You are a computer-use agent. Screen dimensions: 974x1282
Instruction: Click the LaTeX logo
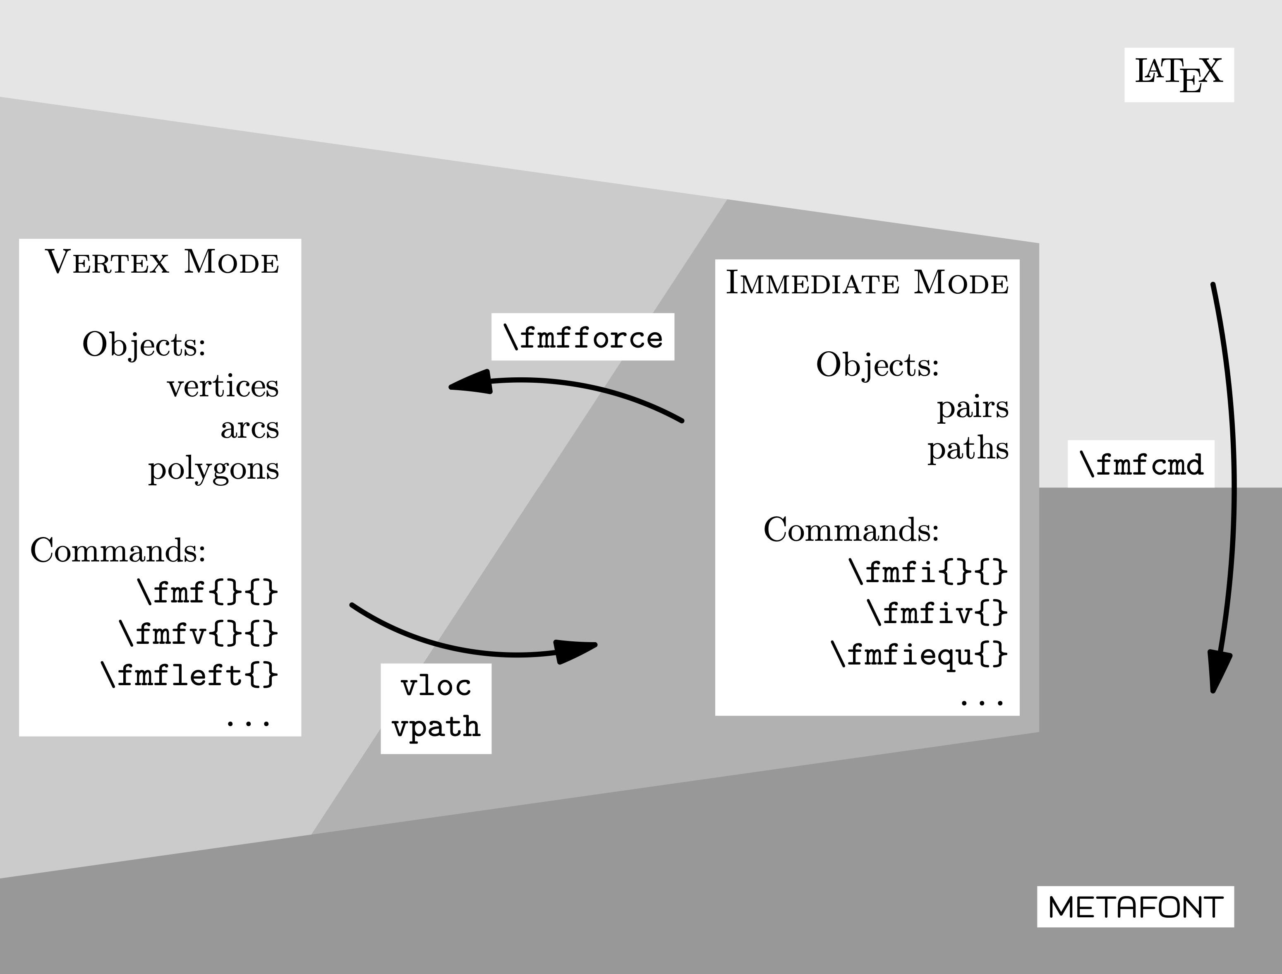pyautogui.click(x=1179, y=75)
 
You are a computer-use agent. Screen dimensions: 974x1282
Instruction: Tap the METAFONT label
pyautogui.click(x=1136, y=907)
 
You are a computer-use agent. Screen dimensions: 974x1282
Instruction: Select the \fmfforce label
pyautogui.click(x=582, y=337)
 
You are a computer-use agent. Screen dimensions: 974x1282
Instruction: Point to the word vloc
pyautogui.click(x=436, y=686)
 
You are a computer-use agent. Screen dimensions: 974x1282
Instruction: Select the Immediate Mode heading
pyautogui.click(x=867, y=283)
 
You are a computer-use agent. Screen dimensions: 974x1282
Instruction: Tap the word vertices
pyautogui.click(x=223, y=386)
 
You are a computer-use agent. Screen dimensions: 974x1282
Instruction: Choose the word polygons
pyautogui.click(x=213, y=470)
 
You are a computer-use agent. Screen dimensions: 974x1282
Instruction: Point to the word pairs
pyautogui.click(x=973, y=407)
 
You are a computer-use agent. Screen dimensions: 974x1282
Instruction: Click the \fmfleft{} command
pyautogui.click(x=189, y=675)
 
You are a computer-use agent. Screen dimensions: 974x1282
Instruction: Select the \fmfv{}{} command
pyautogui.click(x=198, y=634)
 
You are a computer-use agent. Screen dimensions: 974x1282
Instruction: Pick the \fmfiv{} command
pyautogui.click(x=937, y=613)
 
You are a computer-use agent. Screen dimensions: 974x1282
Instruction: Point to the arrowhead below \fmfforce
pyautogui.click(x=471, y=383)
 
